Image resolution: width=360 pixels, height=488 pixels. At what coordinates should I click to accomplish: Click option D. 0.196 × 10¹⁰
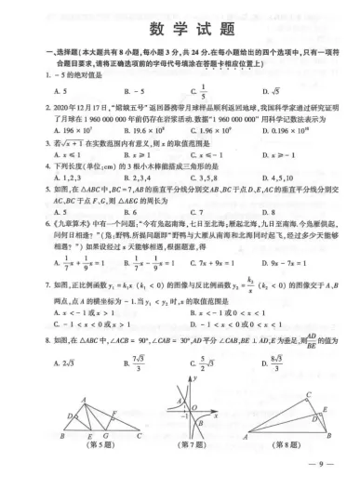pyautogui.click(x=295, y=128)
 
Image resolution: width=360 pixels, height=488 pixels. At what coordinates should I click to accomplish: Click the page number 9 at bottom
pyautogui.click(x=324, y=476)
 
